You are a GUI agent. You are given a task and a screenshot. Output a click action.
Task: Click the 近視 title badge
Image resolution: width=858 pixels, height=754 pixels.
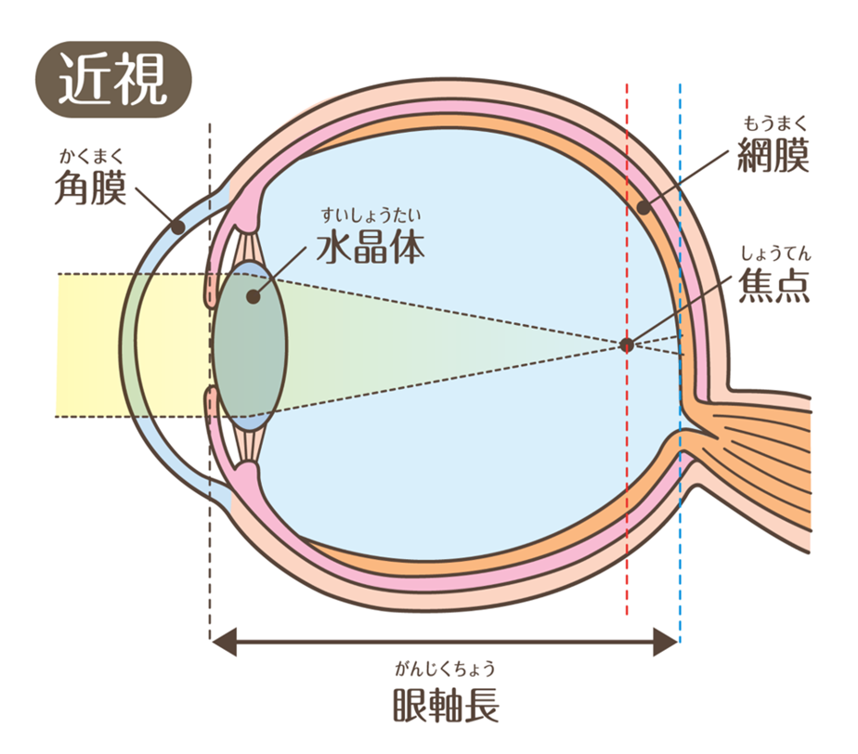(x=114, y=79)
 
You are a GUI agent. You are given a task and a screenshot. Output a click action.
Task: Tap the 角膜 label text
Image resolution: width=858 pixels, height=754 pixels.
(x=91, y=188)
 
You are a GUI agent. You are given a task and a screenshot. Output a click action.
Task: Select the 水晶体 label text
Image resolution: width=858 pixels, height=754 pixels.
(x=371, y=248)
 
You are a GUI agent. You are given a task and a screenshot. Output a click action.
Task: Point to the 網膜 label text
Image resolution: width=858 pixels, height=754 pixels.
(x=773, y=155)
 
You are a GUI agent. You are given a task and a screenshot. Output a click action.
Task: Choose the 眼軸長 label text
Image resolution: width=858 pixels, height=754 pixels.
(x=446, y=705)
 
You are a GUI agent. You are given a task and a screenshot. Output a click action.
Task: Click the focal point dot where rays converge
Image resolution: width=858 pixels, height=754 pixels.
(x=627, y=344)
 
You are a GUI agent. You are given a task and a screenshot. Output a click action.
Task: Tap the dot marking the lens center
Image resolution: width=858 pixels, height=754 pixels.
(x=253, y=296)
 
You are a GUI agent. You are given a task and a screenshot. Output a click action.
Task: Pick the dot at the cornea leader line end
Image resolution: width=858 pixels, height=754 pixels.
(x=176, y=227)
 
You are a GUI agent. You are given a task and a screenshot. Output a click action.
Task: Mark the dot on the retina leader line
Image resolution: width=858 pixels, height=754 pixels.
(x=643, y=208)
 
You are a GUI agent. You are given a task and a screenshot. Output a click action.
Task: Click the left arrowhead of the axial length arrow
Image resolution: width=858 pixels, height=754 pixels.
(x=224, y=642)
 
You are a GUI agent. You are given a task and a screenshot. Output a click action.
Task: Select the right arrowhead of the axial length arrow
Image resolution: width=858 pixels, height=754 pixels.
(x=666, y=642)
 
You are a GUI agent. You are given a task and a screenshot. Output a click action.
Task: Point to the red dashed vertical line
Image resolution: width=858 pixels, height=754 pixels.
(x=627, y=350)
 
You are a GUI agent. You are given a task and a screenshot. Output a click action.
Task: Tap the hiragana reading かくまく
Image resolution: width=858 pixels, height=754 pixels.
(x=91, y=156)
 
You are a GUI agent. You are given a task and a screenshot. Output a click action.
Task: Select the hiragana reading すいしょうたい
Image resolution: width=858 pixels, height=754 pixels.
(x=371, y=215)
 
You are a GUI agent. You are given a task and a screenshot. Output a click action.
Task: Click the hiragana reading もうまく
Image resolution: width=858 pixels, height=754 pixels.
(x=774, y=123)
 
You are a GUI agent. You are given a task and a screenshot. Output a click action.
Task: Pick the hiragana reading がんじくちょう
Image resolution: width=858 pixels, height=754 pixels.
(x=446, y=669)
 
